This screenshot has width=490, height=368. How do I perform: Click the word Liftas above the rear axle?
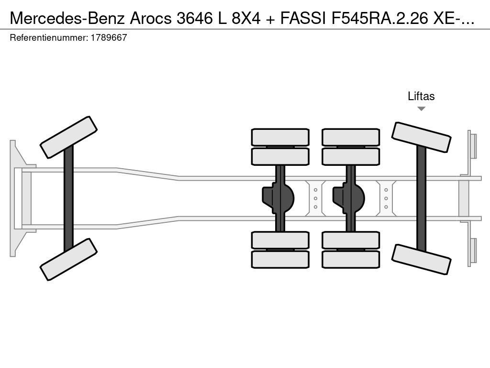click(421, 96)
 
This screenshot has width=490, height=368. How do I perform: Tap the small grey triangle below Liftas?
click(421, 109)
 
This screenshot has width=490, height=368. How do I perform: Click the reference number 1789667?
click(109, 37)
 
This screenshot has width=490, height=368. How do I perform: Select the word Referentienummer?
click(48, 37)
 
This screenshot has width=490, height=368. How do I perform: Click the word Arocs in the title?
click(151, 19)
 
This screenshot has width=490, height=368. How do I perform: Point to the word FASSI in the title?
click(303, 19)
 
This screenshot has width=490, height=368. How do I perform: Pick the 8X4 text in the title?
click(246, 19)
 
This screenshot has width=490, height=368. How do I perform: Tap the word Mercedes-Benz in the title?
click(68, 19)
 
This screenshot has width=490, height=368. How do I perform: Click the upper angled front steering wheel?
click(68, 138)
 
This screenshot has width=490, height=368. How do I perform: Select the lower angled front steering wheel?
click(68, 259)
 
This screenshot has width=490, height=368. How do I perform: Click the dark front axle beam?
click(68, 198)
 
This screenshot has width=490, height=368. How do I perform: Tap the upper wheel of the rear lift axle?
click(421, 138)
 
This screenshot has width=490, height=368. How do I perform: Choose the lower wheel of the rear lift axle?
click(421, 259)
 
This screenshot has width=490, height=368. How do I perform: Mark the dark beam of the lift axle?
click(421, 198)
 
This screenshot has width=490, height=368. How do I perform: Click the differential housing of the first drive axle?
click(278, 198)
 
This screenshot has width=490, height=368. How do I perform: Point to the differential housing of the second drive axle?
click(349, 198)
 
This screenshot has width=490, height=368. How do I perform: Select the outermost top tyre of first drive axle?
click(280, 137)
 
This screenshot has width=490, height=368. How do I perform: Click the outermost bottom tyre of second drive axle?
click(351, 259)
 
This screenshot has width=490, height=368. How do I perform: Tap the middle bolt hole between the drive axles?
click(316, 198)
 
